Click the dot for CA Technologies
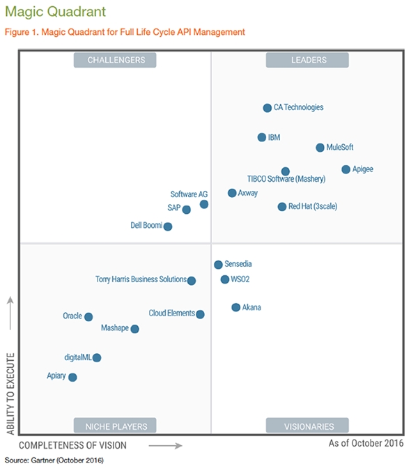point(267,108)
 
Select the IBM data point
point(262,138)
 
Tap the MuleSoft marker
point(320,148)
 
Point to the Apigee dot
point(346,169)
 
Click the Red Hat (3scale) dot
point(282,207)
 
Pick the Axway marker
point(232,193)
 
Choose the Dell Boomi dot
point(168,226)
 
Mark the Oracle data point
point(88,317)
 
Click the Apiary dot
point(72,378)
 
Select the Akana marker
point(236,307)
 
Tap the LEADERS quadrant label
point(307,61)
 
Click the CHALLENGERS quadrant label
point(116,61)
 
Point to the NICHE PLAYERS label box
point(116,426)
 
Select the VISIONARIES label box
point(307,426)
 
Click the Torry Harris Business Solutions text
point(141,279)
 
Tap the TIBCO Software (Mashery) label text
point(286,180)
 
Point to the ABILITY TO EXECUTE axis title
point(10,394)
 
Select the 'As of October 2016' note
point(366,444)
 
